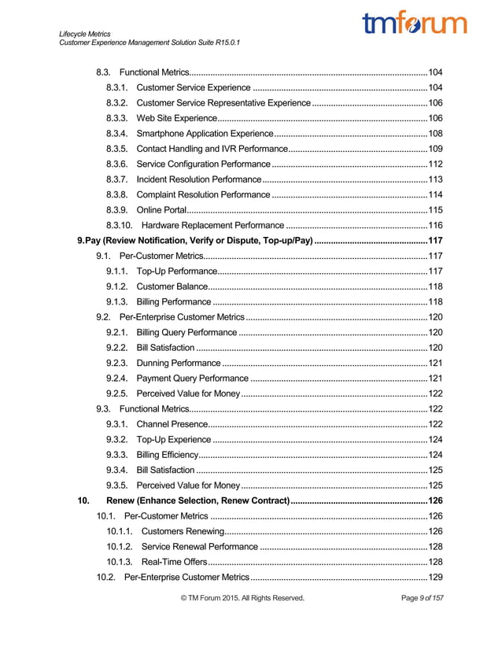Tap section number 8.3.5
pos(116,149)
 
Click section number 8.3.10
pos(119,225)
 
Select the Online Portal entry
pos(163,210)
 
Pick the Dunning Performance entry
pos(179,363)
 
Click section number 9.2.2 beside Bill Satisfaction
pos(116,347)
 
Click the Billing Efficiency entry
pos(168,455)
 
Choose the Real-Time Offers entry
pos(175,562)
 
